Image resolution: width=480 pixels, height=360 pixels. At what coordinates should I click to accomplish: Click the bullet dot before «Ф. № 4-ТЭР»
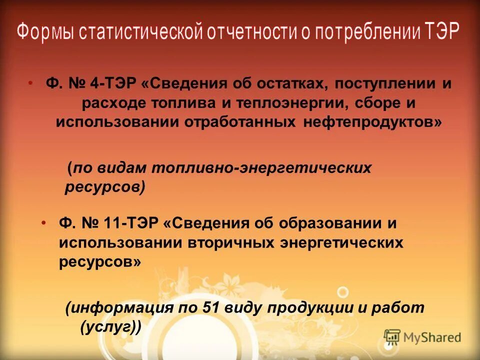pyautogui.click(x=31, y=83)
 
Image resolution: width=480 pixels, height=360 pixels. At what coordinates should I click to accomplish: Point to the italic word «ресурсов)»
pyautogui.click(x=105, y=187)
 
